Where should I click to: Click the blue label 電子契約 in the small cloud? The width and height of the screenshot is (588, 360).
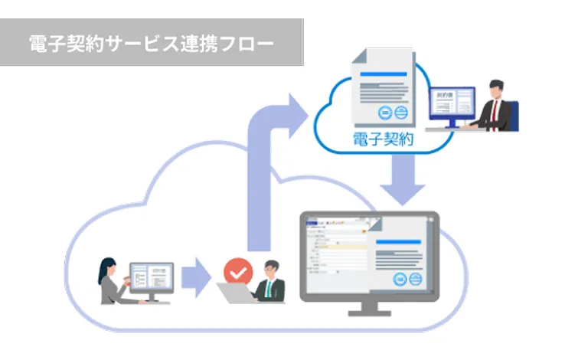383,139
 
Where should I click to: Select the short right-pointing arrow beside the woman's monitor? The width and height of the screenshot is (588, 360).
196,277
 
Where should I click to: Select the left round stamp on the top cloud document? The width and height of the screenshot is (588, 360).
386,113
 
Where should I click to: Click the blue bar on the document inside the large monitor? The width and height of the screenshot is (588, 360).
397,242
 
